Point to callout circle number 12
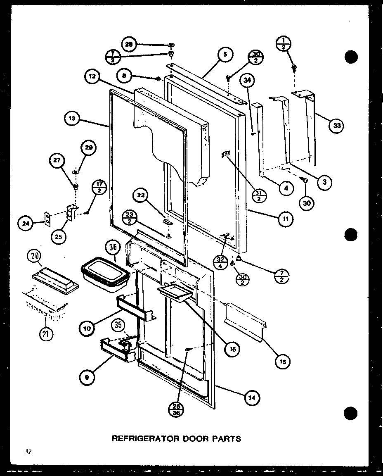(x=93, y=76)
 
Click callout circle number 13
(x=72, y=119)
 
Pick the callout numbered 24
(x=26, y=224)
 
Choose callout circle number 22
(x=142, y=197)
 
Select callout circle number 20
(x=35, y=258)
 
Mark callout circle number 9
(x=87, y=376)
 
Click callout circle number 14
(x=252, y=398)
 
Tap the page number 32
(x=27, y=452)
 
